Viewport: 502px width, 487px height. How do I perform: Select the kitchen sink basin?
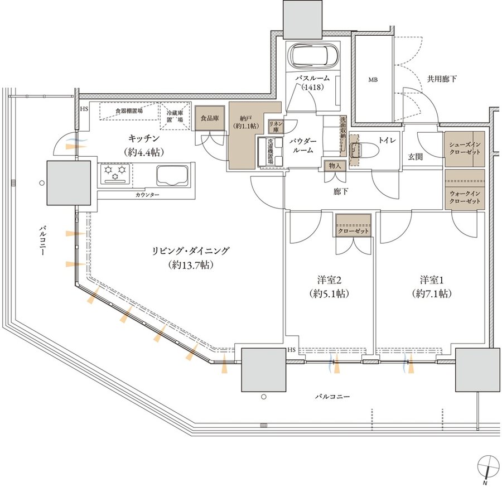173,176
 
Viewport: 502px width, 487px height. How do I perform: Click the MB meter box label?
373,80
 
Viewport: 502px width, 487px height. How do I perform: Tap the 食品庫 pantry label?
210,118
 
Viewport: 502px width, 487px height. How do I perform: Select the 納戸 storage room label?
246,122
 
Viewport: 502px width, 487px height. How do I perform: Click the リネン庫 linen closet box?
276,127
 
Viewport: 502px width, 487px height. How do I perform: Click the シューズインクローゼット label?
465,148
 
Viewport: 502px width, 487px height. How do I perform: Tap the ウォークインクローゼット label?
465,197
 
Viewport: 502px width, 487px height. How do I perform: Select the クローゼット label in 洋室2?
354,231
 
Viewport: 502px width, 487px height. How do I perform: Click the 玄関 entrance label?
415,157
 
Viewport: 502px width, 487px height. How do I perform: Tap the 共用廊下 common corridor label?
442,79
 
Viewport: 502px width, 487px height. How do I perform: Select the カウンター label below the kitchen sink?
147,195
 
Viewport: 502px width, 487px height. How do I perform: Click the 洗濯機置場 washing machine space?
270,151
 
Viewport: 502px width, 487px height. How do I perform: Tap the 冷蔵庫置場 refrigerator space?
175,116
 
